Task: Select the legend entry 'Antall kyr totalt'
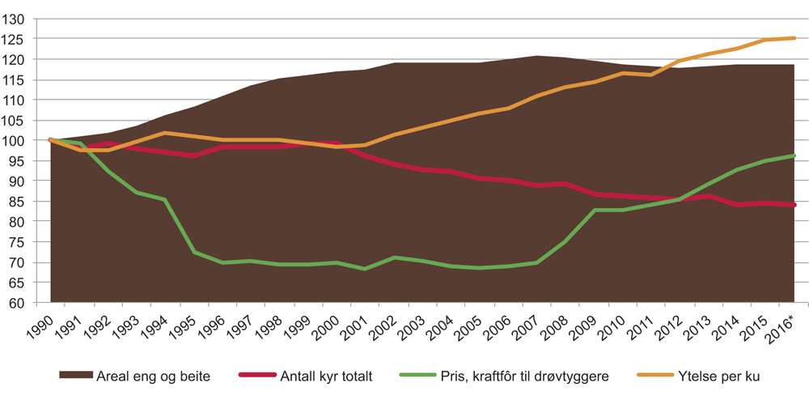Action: (332, 377)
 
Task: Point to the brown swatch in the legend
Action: (75, 377)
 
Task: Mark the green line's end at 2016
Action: (794, 155)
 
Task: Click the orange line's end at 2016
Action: (794, 37)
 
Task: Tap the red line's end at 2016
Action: (794, 205)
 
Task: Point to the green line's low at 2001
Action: (365, 269)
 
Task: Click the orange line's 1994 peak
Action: (164, 133)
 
